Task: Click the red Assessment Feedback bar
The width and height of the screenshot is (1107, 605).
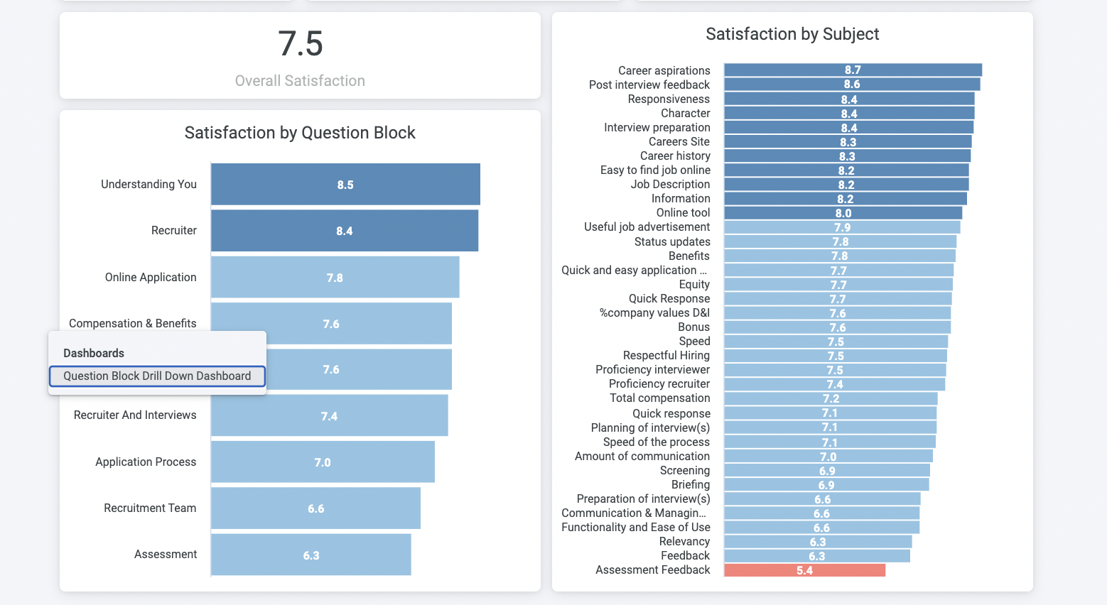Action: point(804,570)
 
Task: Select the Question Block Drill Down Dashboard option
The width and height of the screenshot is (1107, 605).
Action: point(157,376)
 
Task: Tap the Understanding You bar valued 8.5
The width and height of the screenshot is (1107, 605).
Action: point(345,185)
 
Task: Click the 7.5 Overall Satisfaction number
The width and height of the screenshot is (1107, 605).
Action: point(300,44)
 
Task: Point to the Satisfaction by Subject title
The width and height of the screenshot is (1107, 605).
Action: point(792,34)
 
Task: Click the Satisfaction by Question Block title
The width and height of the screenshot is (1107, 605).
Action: point(300,133)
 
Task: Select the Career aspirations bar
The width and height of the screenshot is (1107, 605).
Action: point(853,70)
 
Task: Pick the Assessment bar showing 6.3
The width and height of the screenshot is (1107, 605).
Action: point(311,555)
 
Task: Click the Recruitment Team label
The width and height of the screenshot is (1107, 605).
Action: point(150,508)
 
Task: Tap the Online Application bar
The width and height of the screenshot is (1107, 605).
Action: point(335,277)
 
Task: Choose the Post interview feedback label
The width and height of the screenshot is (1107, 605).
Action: point(649,85)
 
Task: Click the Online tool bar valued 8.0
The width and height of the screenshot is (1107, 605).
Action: point(843,213)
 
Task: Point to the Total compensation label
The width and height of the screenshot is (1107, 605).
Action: point(659,398)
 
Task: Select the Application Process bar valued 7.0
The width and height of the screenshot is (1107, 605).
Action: point(323,462)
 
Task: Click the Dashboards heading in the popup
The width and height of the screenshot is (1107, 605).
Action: point(94,353)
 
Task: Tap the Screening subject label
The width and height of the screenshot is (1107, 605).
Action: point(684,470)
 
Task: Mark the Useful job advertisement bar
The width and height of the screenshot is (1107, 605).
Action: point(842,227)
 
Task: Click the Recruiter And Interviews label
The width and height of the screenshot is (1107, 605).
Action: point(135,415)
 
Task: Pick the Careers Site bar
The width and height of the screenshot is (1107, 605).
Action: point(848,142)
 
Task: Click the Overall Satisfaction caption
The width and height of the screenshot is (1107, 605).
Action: point(300,81)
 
